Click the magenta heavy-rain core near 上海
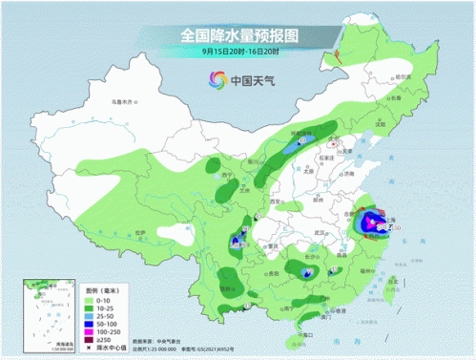366,225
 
